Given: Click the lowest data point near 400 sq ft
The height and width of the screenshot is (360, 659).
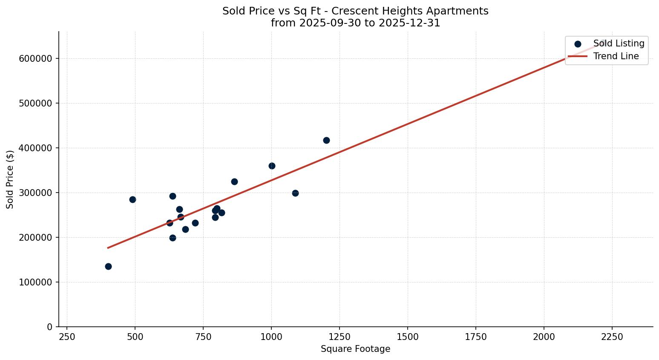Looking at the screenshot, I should [108, 266].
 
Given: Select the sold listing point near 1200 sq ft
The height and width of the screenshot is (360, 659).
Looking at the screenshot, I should [326, 140].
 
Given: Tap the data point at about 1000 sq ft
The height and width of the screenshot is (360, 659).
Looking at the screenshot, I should [272, 166].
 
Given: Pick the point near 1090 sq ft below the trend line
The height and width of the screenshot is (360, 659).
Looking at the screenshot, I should [295, 193].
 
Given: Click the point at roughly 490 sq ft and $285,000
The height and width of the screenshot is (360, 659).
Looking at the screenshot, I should [132, 199].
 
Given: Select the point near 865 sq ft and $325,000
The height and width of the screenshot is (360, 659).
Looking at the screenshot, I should [234, 181].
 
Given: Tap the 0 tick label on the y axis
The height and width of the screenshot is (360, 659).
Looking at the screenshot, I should [50, 327].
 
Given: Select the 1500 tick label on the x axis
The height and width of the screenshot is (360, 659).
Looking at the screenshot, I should [408, 337].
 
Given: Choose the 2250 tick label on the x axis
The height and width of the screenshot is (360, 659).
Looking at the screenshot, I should [612, 337].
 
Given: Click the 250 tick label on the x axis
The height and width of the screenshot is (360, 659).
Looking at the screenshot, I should [67, 337].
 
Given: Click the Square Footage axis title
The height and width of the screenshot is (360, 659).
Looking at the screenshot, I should [355, 349].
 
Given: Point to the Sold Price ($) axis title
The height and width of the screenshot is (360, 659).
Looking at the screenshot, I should [10, 179].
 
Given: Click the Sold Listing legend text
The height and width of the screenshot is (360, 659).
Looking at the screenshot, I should [619, 43].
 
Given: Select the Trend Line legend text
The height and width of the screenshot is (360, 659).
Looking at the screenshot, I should [616, 56].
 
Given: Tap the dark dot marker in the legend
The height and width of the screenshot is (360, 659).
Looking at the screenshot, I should [578, 44].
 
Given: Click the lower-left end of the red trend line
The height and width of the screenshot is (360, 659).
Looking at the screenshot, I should [108, 248].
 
